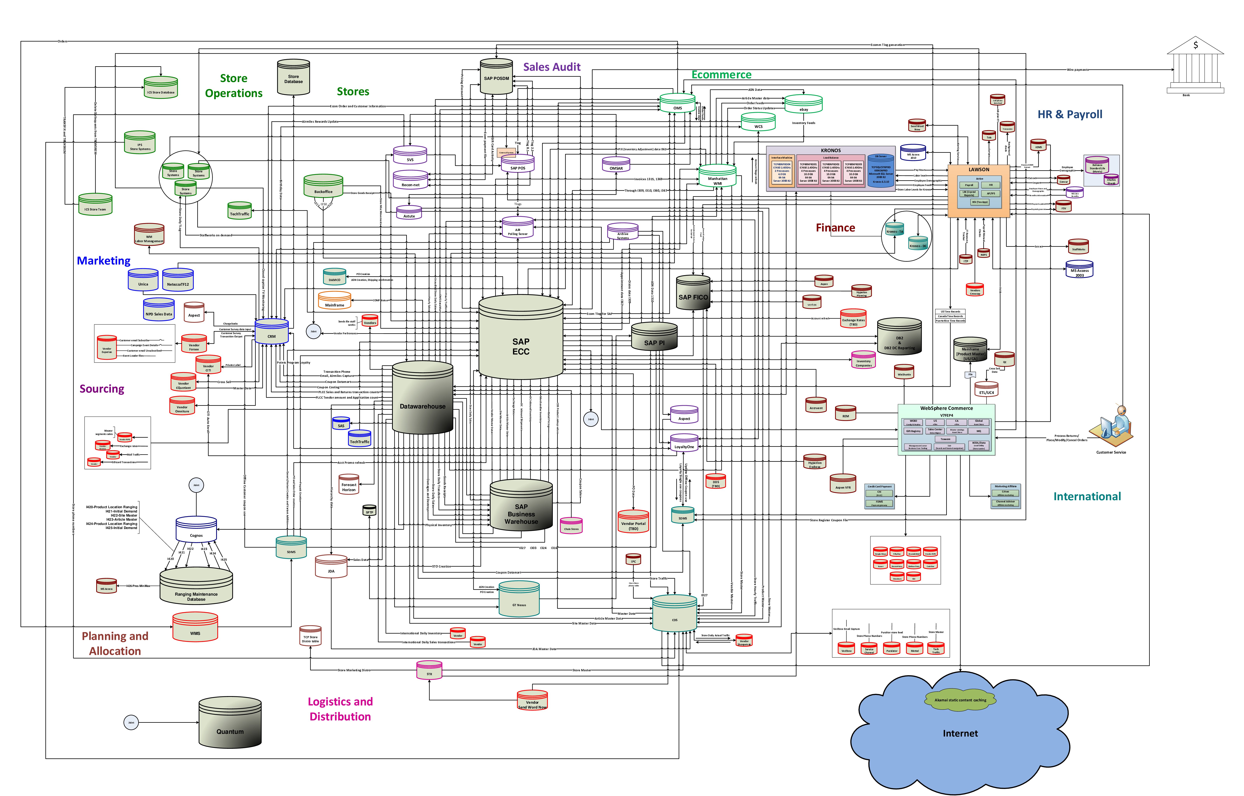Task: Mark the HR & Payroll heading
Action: [x=1070, y=114]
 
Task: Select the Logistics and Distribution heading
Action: [x=340, y=709]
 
